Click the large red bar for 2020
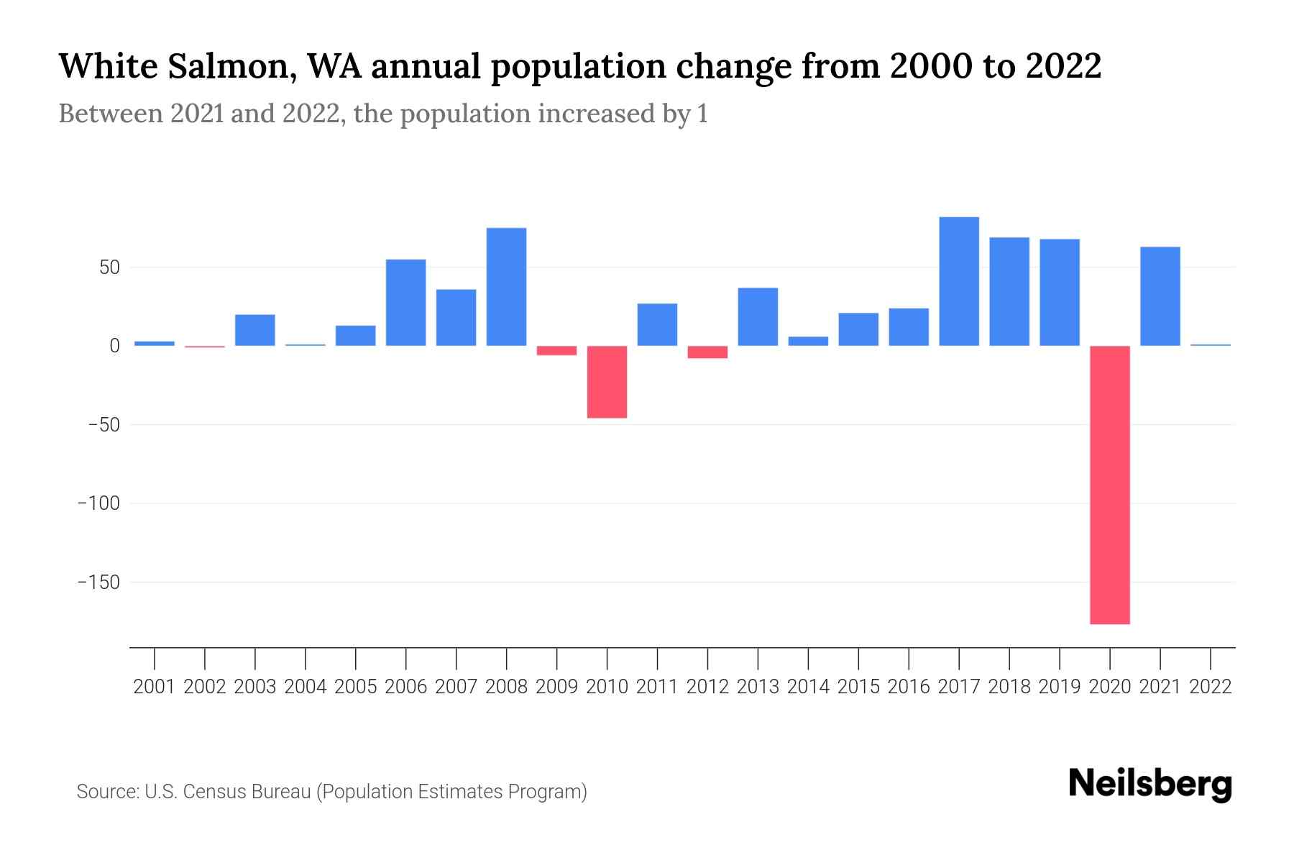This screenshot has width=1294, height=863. [1110, 484]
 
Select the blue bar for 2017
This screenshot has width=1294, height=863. [959, 281]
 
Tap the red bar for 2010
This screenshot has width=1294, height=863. [607, 382]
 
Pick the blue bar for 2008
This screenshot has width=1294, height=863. [506, 287]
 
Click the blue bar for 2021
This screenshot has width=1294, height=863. [1160, 296]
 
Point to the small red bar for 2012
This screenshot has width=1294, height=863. [707, 352]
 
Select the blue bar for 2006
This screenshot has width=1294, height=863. [405, 302]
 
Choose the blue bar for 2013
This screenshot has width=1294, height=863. [758, 316]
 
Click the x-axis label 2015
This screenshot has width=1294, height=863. [858, 687]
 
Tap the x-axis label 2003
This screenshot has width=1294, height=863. [255, 687]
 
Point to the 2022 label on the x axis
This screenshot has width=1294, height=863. [1211, 687]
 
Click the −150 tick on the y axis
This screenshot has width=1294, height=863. [98, 582]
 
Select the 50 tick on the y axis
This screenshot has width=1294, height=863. [109, 268]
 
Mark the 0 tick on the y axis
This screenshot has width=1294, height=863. [114, 346]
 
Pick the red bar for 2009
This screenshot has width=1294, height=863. [556, 350]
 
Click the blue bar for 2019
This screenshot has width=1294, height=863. [1060, 292]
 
